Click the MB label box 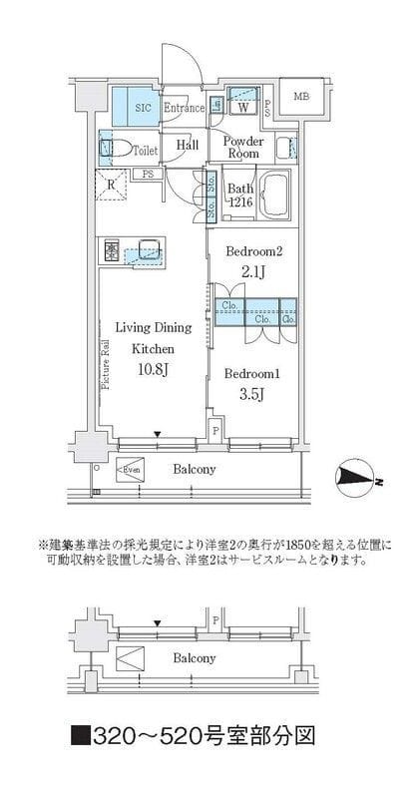(300, 97)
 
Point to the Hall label (187, 146)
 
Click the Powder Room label (242, 148)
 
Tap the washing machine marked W (242, 103)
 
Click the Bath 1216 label (240, 196)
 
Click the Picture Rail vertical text (104, 370)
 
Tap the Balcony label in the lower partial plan (194, 658)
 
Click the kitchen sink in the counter (149, 250)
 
